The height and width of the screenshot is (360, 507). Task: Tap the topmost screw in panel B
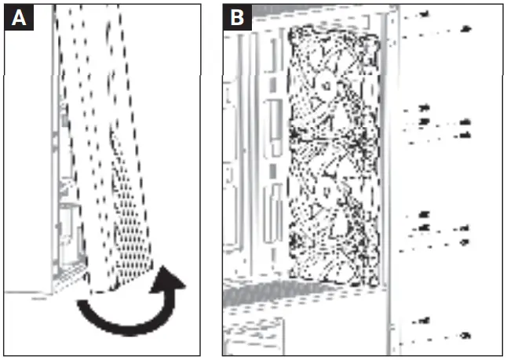click(425, 14)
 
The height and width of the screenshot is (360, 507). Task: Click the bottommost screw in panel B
click(464, 336)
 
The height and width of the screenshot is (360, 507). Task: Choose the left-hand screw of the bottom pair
click(424, 320)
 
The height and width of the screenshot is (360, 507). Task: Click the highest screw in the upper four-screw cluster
click(425, 107)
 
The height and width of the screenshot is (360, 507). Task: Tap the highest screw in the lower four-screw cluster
click(425, 213)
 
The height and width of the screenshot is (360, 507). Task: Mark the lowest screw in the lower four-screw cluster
click(464, 242)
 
